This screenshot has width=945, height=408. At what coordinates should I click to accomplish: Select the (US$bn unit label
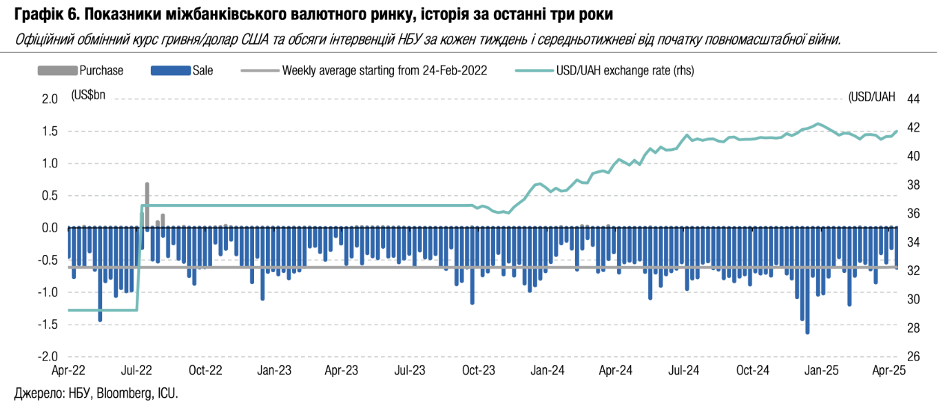[89, 96]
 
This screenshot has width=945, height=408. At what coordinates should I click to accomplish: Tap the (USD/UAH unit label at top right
[872, 96]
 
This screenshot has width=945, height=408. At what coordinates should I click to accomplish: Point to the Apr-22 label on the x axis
[69, 370]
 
